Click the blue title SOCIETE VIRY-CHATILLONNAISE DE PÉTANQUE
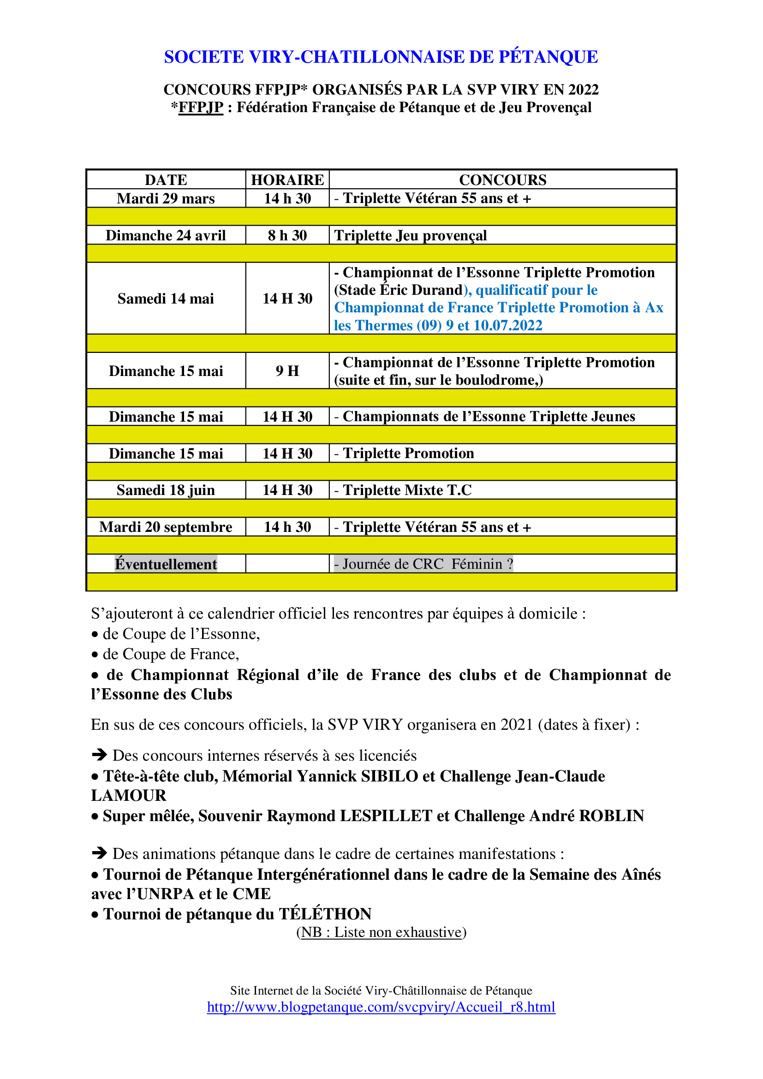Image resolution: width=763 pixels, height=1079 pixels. (x=381, y=57)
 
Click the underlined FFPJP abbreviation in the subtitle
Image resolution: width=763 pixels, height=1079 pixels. (x=201, y=107)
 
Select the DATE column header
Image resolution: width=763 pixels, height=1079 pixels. (x=166, y=180)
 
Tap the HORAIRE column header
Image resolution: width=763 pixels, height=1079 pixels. (x=287, y=180)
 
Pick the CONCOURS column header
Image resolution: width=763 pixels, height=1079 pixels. (x=502, y=180)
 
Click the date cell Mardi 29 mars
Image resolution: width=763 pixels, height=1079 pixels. (x=166, y=198)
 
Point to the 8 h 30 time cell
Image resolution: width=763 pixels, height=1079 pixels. (x=287, y=235)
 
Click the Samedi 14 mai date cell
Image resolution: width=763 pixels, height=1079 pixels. (x=166, y=298)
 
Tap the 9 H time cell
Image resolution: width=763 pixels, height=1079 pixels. (x=287, y=371)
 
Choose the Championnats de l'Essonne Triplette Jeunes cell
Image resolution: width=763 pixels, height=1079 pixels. (x=489, y=417)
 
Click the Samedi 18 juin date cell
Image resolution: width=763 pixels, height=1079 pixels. (x=166, y=490)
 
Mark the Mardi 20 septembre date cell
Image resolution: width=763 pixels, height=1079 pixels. (x=166, y=527)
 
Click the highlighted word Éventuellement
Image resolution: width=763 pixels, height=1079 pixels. (x=166, y=564)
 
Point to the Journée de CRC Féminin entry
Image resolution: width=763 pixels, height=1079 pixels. (x=423, y=564)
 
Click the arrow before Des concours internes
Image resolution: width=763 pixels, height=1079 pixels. (x=100, y=755)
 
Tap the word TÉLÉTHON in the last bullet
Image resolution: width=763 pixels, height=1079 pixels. (x=325, y=914)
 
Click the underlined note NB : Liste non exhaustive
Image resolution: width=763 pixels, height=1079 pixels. (x=381, y=932)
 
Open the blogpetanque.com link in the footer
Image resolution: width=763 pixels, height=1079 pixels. (x=381, y=1007)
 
